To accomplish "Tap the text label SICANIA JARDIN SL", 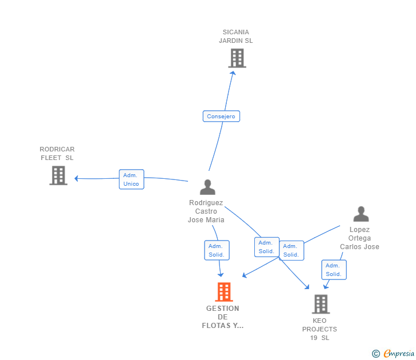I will pyautogui.click(x=236, y=37).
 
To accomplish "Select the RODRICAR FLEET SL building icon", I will pyautogui.click(x=58, y=175).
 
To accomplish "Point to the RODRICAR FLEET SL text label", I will pyautogui.click(x=57, y=154).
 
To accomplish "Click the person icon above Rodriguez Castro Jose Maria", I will pyautogui.click(x=207, y=187).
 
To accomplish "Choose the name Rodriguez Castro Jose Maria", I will pyautogui.click(x=206, y=211).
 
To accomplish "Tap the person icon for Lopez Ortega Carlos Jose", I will pyautogui.click(x=361, y=214).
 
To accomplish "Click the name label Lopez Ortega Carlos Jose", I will pyautogui.click(x=359, y=238).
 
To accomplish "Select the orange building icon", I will pyautogui.click(x=223, y=292).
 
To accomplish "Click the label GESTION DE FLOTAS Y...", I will pyautogui.click(x=223, y=317).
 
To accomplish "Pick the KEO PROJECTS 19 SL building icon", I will pyautogui.click(x=321, y=304).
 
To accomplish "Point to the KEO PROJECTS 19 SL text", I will pyautogui.click(x=319, y=329).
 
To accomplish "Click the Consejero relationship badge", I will pyautogui.click(x=221, y=117).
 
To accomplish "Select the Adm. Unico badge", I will pyautogui.click(x=132, y=179).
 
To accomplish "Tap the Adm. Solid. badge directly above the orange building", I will pyautogui.click(x=217, y=250).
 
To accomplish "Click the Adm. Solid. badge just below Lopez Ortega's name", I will pyautogui.click(x=334, y=270).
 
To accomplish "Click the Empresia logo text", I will pyautogui.click(x=399, y=354).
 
